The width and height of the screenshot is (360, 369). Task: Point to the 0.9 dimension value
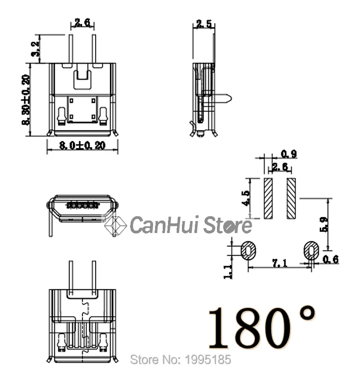pyautogui.click(x=288, y=154)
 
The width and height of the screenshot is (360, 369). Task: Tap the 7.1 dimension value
pyautogui.click(x=280, y=263)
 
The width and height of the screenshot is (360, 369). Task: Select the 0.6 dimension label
pyautogui.click(x=331, y=260)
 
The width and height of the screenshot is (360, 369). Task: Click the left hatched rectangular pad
pyautogui.click(x=268, y=197)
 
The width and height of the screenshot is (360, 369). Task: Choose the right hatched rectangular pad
pyautogui.click(x=291, y=197)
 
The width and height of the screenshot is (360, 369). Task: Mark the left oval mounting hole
pyautogui.click(x=249, y=251)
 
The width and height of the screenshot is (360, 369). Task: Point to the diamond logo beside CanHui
pyautogui.click(x=116, y=224)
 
